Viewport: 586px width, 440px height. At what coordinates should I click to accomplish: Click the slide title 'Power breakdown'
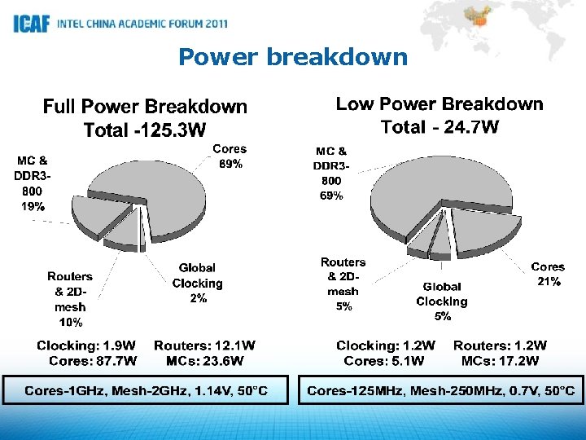point(293,57)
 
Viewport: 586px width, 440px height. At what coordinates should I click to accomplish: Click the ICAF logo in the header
point(33,24)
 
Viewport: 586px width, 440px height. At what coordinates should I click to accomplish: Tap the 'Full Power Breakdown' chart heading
point(145,107)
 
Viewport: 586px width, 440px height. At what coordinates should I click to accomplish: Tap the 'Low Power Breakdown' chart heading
point(439,104)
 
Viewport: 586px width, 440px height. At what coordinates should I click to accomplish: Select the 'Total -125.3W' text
point(145,130)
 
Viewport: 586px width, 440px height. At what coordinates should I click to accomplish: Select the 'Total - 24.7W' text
point(439,127)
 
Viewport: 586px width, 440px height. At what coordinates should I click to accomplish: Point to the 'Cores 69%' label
point(229,156)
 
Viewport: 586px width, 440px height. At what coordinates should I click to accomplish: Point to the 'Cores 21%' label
point(547,274)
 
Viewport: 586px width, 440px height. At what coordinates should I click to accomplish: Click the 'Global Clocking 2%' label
point(197,283)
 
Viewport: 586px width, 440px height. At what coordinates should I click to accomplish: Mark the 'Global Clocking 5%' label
point(442,301)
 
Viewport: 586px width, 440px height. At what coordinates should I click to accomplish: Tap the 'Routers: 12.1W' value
point(204,346)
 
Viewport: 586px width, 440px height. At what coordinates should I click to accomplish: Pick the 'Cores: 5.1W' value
point(384,361)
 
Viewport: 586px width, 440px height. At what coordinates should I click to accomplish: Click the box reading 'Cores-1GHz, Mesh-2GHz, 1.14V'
point(146,391)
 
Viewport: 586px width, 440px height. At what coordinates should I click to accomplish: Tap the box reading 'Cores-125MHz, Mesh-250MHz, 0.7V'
point(440,391)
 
